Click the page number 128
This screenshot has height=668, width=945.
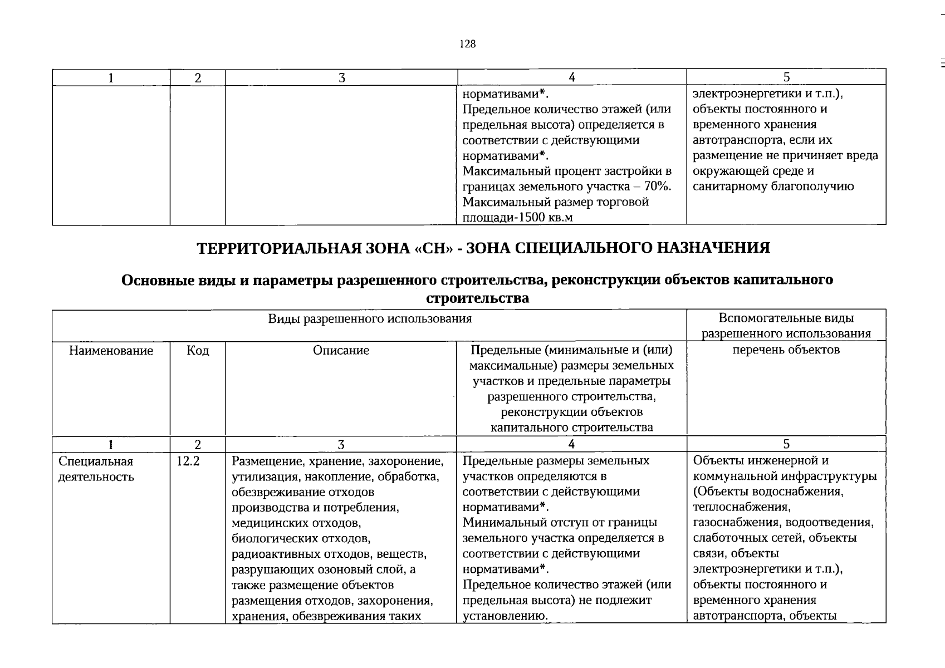(468, 45)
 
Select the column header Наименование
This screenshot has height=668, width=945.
(111, 351)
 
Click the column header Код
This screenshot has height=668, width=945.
(198, 351)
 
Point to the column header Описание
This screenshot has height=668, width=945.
(341, 351)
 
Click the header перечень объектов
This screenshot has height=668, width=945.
(786, 350)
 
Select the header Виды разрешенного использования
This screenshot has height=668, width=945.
(370, 319)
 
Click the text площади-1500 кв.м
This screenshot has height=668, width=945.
(517, 218)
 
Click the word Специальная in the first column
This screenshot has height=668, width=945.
(96, 461)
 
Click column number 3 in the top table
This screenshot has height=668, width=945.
(341, 78)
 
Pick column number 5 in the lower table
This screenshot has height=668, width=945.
(786, 444)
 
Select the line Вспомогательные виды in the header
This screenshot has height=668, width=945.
(786, 318)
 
